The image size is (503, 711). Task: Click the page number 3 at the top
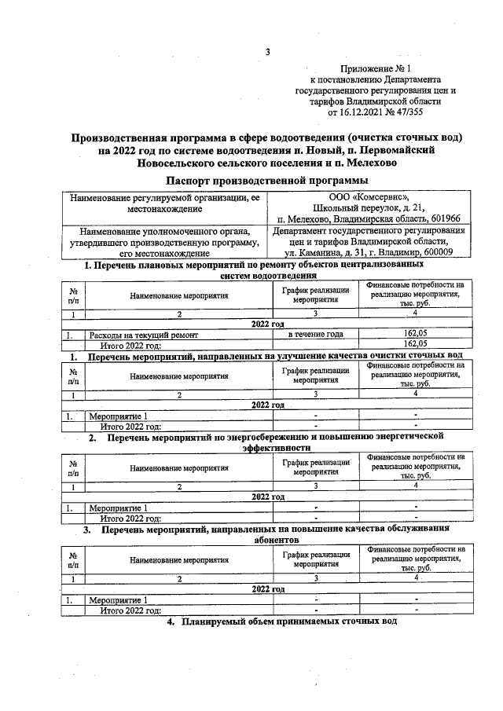coord(267,53)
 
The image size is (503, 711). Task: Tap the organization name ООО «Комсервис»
coord(369,197)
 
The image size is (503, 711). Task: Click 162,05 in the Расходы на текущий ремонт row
coord(415,335)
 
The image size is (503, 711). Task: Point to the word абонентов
coord(277,541)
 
